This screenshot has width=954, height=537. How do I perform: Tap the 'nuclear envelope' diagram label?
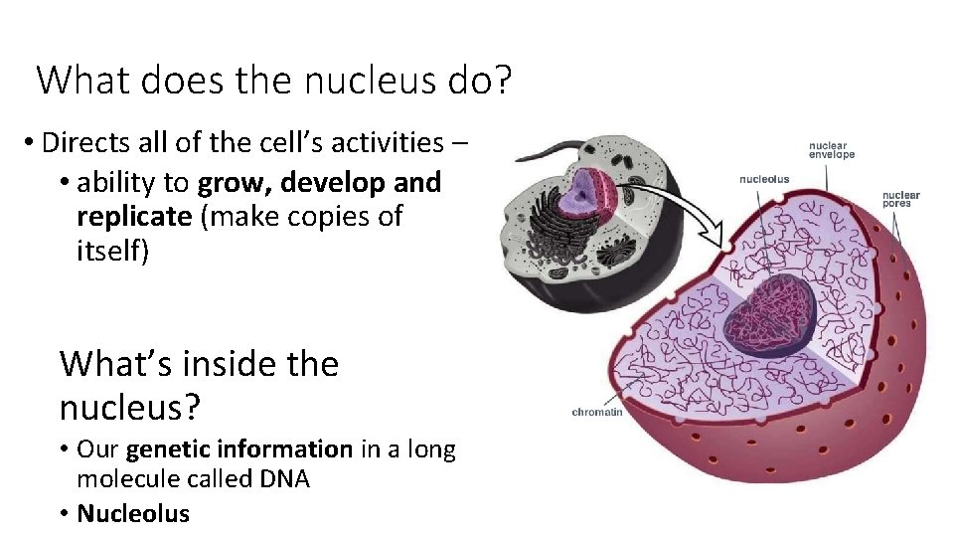(x=831, y=149)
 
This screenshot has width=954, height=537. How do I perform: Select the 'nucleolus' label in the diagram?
(x=764, y=180)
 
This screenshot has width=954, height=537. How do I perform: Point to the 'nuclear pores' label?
(x=900, y=199)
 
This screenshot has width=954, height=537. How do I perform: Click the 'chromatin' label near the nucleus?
(x=597, y=412)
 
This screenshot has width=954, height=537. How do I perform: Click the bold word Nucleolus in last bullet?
(x=133, y=513)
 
